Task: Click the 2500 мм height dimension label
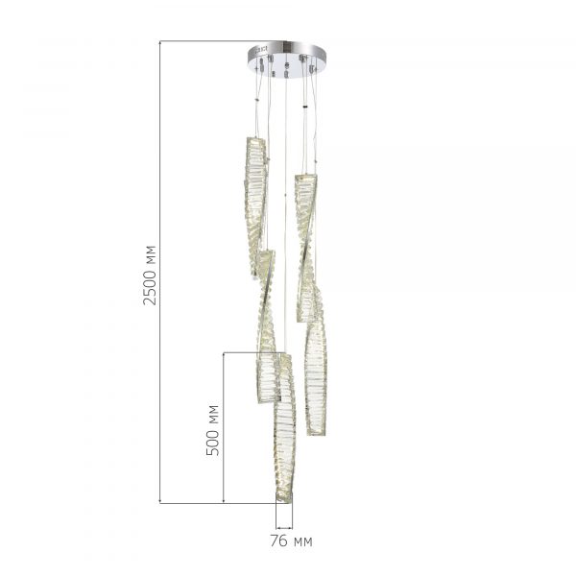pos(150,275)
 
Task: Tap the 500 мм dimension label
pos(212,430)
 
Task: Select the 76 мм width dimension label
pos(291,541)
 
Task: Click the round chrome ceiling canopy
pos(286,60)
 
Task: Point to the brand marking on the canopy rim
pos(261,49)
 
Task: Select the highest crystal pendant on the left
pos(255,206)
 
